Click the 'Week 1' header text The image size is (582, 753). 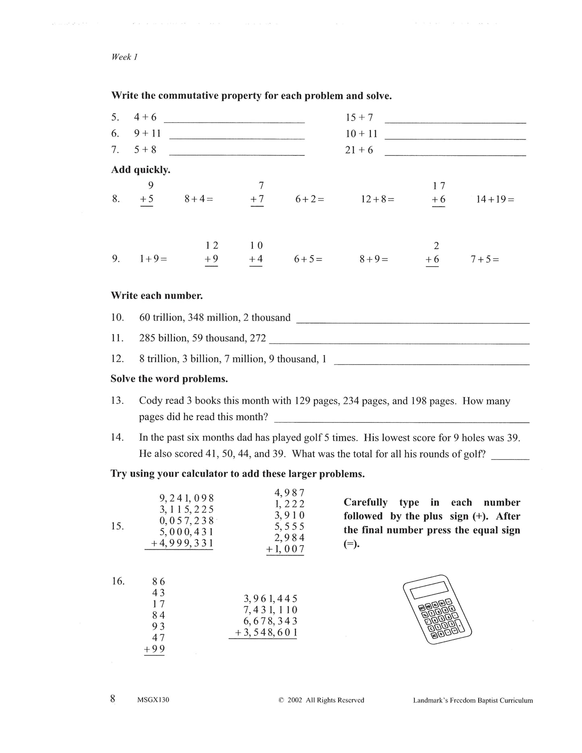(x=124, y=57)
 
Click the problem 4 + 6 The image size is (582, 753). (x=145, y=117)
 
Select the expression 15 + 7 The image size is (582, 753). (x=359, y=118)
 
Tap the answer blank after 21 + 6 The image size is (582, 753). (x=455, y=152)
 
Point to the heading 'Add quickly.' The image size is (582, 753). (x=141, y=170)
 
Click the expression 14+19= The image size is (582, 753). (x=495, y=199)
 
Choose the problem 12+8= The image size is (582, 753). (x=377, y=199)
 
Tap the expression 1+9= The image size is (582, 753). (x=153, y=259)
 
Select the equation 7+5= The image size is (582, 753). (x=485, y=259)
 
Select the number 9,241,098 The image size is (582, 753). (x=186, y=498)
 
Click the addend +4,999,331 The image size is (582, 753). (x=182, y=543)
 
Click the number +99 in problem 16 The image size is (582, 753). (x=155, y=649)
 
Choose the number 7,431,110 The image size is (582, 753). (x=270, y=610)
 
